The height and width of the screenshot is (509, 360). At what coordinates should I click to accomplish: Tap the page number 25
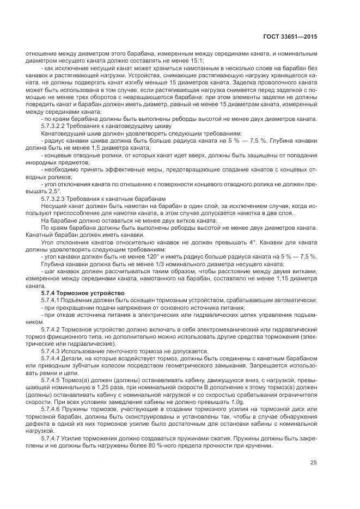314,463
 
